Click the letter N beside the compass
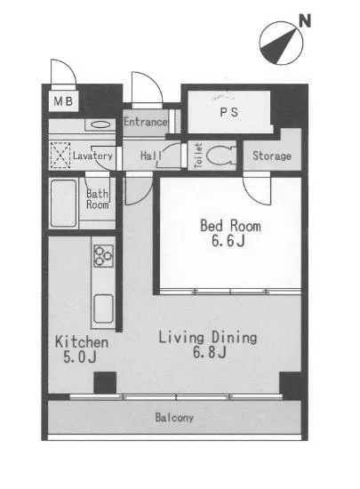point(305,21)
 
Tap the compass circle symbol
point(281,43)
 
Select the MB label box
point(63,100)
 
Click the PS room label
point(229,112)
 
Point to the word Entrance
point(146,122)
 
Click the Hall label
point(151,156)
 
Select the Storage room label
point(272,156)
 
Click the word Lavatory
point(92,156)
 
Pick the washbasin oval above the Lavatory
point(100,124)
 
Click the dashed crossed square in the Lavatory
point(60,156)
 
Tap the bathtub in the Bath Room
point(64,203)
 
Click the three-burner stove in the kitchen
point(103,256)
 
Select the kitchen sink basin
point(103,309)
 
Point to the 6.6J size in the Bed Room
point(228,240)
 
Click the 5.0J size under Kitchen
point(79,357)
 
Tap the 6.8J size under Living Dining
point(209,352)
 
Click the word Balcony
point(174,417)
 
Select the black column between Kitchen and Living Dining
point(105,382)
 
